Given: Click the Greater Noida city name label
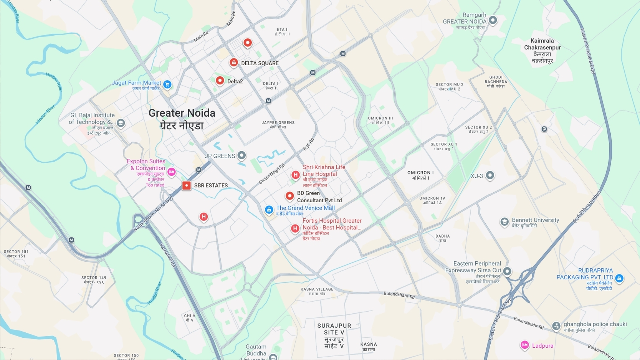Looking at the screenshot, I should pyautogui.click(x=182, y=113).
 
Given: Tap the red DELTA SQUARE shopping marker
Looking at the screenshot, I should pyautogui.click(x=233, y=63).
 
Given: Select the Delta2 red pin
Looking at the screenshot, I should pyautogui.click(x=220, y=81).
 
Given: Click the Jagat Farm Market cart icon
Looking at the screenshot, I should pyautogui.click(x=167, y=84).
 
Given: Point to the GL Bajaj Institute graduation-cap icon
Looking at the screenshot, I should pyautogui.click(x=121, y=123).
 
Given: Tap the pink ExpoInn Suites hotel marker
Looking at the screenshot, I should pyautogui.click(x=172, y=172).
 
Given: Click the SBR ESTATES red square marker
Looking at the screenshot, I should pyautogui.click(x=186, y=185).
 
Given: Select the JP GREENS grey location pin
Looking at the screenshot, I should pyautogui.click(x=241, y=155).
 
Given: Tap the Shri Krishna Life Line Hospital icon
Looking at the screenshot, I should pyautogui.click(x=295, y=175).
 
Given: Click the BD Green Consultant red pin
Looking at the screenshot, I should pyautogui.click(x=289, y=196).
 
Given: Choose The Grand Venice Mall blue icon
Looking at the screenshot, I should pyautogui.click(x=269, y=210).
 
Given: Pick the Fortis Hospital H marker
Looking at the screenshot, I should pyautogui.click(x=295, y=229).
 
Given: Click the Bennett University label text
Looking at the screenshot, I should pyautogui.click(x=535, y=220).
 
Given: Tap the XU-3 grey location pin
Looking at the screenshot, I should pyautogui.click(x=490, y=175).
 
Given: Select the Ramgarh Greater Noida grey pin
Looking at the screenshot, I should pyautogui.click(x=493, y=20).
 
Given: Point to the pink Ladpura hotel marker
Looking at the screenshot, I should pyautogui.click(x=524, y=345).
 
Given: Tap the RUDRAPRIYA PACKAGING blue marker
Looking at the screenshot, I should pyautogui.click(x=619, y=278).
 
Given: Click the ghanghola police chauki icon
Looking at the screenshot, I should pyautogui.click(x=556, y=326).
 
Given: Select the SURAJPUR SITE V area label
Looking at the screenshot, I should pyautogui.click(x=334, y=335).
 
